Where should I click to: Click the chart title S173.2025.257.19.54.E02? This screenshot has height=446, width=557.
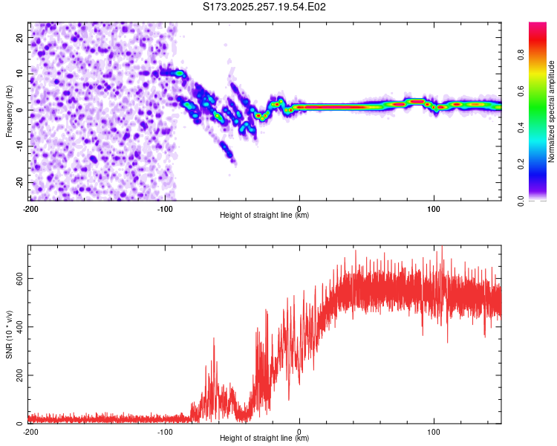click(x=264, y=7)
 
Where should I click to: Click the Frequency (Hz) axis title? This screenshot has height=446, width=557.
click(x=9, y=111)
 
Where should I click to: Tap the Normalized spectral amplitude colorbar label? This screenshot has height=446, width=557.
click(x=552, y=111)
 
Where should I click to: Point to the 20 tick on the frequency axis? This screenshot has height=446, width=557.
click(x=21, y=37)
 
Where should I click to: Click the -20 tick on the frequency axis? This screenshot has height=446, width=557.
click(x=19, y=182)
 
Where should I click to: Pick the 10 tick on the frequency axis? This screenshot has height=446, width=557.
click(x=21, y=74)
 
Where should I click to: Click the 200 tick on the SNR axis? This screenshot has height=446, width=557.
click(x=18, y=375)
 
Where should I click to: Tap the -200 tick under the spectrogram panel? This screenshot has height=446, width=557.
click(x=30, y=208)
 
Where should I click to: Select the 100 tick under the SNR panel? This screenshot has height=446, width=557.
click(x=434, y=431)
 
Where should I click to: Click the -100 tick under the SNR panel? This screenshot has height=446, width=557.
click(x=165, y=431)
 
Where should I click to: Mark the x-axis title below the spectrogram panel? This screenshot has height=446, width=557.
click(x=264, y=216)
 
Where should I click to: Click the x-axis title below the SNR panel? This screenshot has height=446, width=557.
click(x=264, y=439)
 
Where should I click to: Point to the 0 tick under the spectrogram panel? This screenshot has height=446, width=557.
click(x=299, y=208)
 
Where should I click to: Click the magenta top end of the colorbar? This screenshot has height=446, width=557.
click(x=538, y=27)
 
